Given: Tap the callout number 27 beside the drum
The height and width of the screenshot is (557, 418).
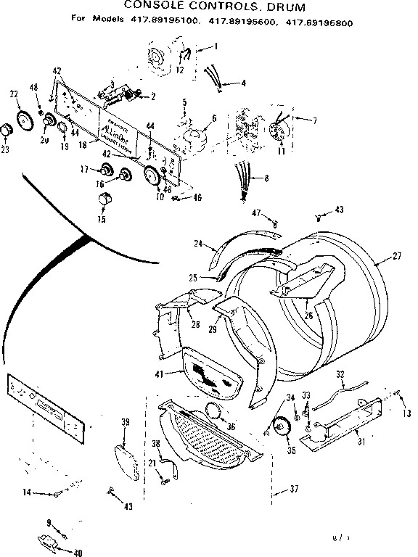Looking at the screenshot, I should point(396,255).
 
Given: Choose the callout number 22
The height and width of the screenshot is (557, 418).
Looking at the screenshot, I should point(14,95).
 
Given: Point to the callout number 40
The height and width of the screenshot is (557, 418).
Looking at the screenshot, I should point(78,553).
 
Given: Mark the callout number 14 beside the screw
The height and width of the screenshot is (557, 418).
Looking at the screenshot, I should point(26,492).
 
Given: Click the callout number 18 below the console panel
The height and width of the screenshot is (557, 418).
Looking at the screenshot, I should point(82,145).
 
